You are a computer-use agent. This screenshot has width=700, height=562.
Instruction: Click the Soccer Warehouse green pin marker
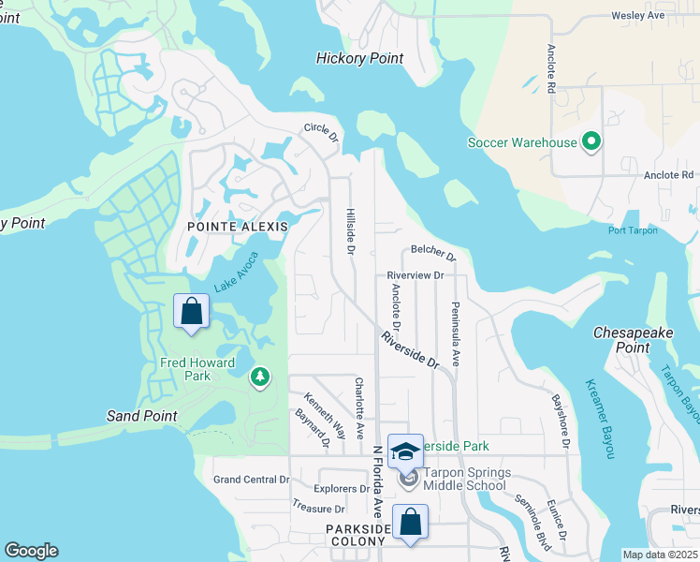[x=591, y=142]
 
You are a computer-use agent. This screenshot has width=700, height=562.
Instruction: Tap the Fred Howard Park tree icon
[x=259, y=377]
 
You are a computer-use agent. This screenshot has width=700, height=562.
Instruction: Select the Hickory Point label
[x=359, y=58]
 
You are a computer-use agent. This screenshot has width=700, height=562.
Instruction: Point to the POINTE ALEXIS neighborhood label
[x=237, y=227]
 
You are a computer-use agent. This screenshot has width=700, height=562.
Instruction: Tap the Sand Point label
[x=141, y=416]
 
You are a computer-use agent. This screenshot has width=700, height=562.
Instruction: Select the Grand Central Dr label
[x=251, y=480]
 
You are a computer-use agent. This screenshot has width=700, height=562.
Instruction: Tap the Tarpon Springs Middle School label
[x=464, y=479]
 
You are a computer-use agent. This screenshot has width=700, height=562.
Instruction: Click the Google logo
[x=31, y=551]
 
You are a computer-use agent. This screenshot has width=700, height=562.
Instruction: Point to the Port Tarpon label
[x=633, y=230]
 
